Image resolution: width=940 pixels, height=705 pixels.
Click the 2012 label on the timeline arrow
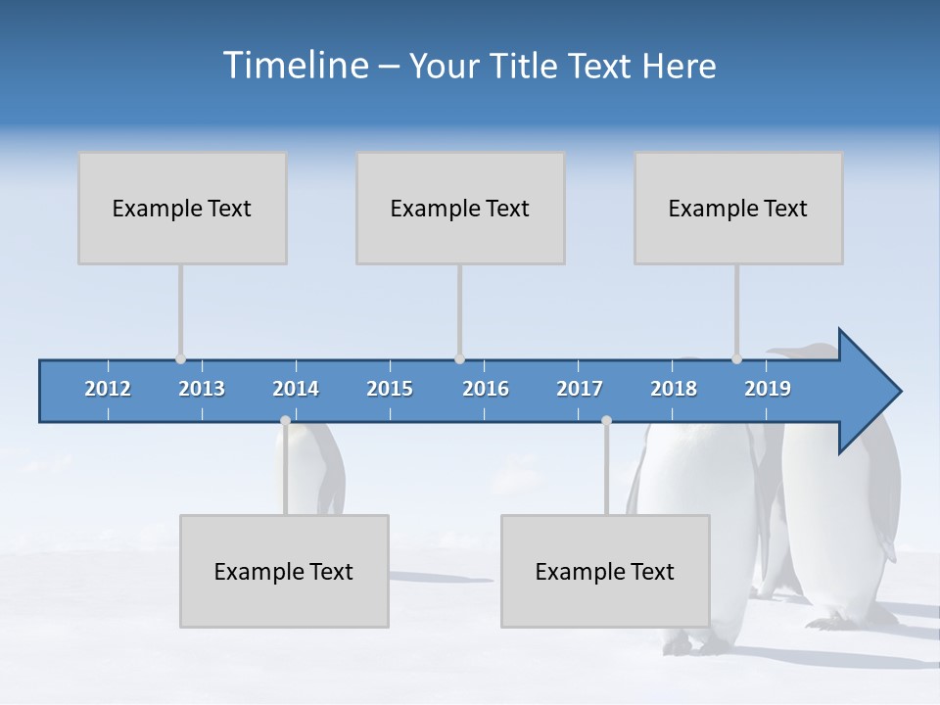pos(108,389)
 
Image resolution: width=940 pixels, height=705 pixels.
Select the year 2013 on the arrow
pos(202,389)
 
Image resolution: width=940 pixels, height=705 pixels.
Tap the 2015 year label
pos(390,389)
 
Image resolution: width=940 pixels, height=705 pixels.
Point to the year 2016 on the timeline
pos(486,389)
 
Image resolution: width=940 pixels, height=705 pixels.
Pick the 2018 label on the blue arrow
pos(674,389)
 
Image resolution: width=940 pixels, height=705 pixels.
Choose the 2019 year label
pos(768,389)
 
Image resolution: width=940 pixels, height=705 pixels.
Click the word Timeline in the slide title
pos(295,66)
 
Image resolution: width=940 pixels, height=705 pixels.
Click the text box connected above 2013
pos(182,208)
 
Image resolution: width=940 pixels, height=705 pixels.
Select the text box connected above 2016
pos(460,208)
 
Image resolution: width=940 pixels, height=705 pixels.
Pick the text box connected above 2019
pos(738,208)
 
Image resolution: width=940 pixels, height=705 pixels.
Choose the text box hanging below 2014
pos(284,571)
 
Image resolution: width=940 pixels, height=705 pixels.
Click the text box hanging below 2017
pos(605,571)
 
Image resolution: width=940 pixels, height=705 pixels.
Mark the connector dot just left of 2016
pos(459,359)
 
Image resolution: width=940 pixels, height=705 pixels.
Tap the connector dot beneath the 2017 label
pos(606,421)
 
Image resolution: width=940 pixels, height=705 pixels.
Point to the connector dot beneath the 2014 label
pos(285,421)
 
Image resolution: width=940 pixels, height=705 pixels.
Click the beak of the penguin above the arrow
pos(778,351)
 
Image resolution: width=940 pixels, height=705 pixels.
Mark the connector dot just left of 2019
pos(736,359)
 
